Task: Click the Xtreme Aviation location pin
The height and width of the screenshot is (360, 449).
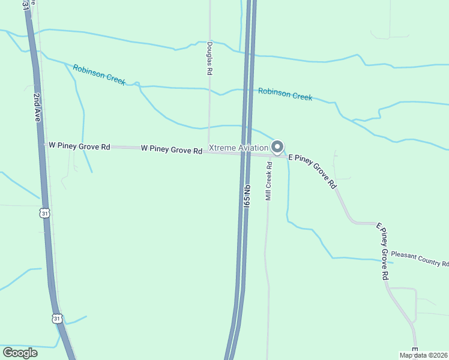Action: pyautogui.click(x=277, y=146)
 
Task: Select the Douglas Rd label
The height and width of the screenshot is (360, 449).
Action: pyautogui.click(x=210, y=58)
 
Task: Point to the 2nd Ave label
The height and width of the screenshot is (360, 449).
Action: pyautogui.click(x=37, y=108)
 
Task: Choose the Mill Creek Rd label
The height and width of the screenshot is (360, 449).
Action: pyautogui.click(x=270, y=181)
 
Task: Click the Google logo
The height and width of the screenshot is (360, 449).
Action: pyautogui.click(x=21, y=353)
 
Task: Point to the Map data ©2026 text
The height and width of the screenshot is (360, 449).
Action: pyautogui.click(x=424, y=355)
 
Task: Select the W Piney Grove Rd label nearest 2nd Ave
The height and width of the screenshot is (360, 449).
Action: pyautogui.click(x=79, y=146)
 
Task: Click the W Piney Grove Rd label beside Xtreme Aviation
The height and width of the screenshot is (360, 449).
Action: pyautogui.click(x=172, y=149)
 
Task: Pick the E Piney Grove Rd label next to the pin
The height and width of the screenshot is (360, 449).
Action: pyautogui.click(x=312, y=172)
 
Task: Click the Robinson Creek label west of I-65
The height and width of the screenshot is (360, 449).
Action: pyautogui.click(x=99, y=75)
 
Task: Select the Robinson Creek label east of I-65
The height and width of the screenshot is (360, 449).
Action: pyautogui.click(x=285, y=94)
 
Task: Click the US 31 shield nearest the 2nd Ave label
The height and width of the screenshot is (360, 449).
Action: pyautogui.click(x=44, y=213)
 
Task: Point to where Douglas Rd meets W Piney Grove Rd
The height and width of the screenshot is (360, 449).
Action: pyautogui.click(x=209, y=151)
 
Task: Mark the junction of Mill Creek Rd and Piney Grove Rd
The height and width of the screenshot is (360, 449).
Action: pyautogui.click(x=268, y=155)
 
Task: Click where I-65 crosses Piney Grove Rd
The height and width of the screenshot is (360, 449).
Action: pyautogui.click(x=247, y=153)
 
